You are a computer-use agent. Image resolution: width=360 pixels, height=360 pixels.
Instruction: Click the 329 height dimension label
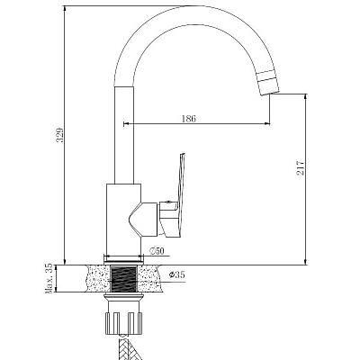point(60,135)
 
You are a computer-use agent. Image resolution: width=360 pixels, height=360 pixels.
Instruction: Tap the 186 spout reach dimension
point(189,119)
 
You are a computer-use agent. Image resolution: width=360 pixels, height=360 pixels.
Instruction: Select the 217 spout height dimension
point(301,168)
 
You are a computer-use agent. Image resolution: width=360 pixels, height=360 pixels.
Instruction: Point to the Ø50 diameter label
point(157,251)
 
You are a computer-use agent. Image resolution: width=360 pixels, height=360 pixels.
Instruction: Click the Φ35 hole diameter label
point(176,274)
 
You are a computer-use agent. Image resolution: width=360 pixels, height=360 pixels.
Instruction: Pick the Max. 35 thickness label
point(49,278)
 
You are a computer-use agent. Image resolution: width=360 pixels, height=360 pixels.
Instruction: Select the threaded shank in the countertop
point(124,279)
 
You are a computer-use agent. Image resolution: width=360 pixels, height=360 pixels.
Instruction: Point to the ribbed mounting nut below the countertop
point(123,321)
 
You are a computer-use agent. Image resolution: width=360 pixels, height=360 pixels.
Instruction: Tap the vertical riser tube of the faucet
point(124,135)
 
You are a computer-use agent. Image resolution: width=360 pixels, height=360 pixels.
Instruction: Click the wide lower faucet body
point(123,219)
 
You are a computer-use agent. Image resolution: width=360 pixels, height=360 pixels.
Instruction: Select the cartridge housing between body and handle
point(144,219)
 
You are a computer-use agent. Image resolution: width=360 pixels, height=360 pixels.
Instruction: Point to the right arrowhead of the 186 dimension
point(266,123)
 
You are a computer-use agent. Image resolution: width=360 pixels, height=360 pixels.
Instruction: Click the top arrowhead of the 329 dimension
point(65,9)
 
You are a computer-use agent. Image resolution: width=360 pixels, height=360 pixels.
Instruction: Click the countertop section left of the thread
point(98,278)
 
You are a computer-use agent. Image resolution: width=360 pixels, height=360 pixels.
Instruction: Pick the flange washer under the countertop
point(123,297)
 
